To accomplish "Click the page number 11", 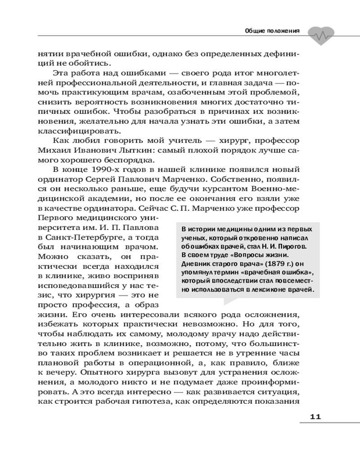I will pos(315,416).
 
